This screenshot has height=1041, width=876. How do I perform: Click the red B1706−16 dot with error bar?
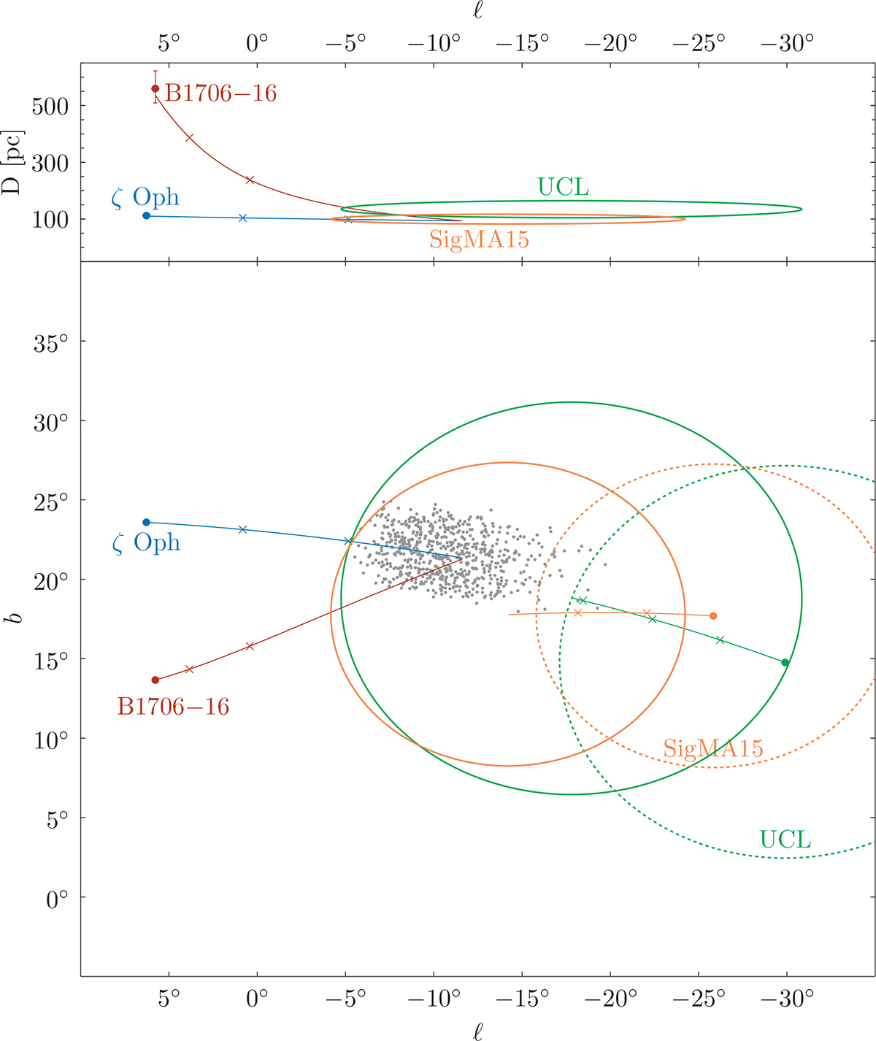[x=155, y=88]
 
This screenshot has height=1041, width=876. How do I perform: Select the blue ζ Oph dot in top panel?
[x=146, y=215]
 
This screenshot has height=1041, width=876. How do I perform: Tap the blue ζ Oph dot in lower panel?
[x=146, y=522]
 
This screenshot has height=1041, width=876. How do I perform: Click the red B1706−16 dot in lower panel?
[x=155, y=680]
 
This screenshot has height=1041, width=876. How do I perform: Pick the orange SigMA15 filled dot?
[x=713, y=615]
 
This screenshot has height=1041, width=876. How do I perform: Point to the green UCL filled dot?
[x=785, y=662]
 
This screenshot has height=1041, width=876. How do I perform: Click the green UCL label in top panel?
[x=563, y=188]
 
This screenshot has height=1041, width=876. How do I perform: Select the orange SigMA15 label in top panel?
[x=479, y=239]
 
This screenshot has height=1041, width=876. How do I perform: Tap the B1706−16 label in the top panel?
[x=220, y=93]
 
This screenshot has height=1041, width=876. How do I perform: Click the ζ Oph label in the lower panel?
[x=146, y=543]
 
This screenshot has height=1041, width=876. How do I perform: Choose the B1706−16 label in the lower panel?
[x=173, y=707]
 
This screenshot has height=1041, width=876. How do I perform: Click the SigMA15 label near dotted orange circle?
[x=712, y=748]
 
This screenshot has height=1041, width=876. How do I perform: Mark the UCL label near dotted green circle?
[x=785, y=840]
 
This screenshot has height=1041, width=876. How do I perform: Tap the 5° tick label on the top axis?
[x=169, y=44]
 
